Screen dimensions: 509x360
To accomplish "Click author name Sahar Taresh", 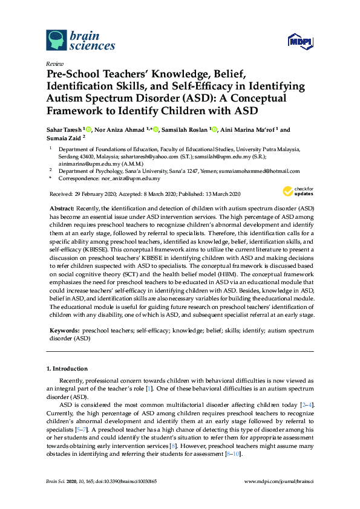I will (66, 129).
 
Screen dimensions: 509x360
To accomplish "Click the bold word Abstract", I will (62, 207).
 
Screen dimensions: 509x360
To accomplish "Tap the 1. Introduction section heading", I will (67, 368).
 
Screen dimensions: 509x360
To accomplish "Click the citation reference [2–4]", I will (305, 404).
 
